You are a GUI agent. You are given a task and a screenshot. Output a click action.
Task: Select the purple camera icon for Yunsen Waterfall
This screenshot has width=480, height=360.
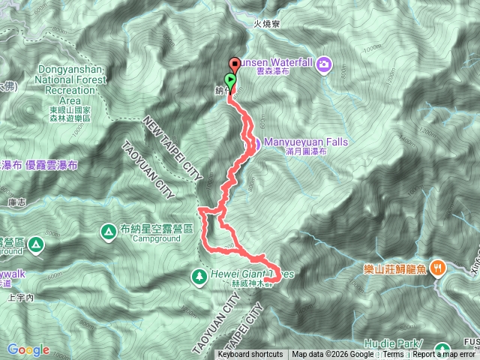[x=323, y=64]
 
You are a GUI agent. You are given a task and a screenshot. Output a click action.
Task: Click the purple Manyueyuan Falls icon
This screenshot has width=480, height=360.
[x=255, y=143]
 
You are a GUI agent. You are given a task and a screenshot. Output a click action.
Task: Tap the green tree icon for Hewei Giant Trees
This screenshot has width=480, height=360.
[x=199, y=275]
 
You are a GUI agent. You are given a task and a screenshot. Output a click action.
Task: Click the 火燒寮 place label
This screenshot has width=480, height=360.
[x=266, y=24]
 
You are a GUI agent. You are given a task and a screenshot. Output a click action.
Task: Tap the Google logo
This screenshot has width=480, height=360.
[x=28, y=349]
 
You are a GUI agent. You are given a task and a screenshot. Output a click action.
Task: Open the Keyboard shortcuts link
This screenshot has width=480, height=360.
[x=250, y=355]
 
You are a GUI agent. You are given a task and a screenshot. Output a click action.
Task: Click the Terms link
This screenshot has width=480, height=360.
[x=393, y=355]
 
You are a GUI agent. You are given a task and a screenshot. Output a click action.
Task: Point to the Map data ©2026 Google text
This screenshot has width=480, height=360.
[x=332, y=355]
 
